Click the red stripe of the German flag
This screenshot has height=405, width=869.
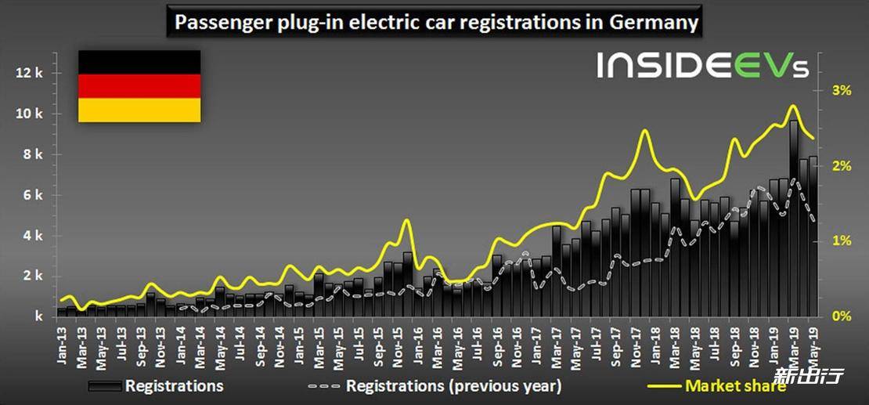139,86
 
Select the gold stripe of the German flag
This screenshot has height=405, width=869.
139,110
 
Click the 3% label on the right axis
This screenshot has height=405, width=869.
840,91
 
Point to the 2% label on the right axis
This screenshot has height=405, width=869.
840,166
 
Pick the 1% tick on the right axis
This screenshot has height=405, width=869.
840,241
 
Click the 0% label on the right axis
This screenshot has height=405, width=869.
840,316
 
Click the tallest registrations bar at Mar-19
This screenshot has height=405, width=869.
794,219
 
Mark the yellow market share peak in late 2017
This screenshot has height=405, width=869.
644,131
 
